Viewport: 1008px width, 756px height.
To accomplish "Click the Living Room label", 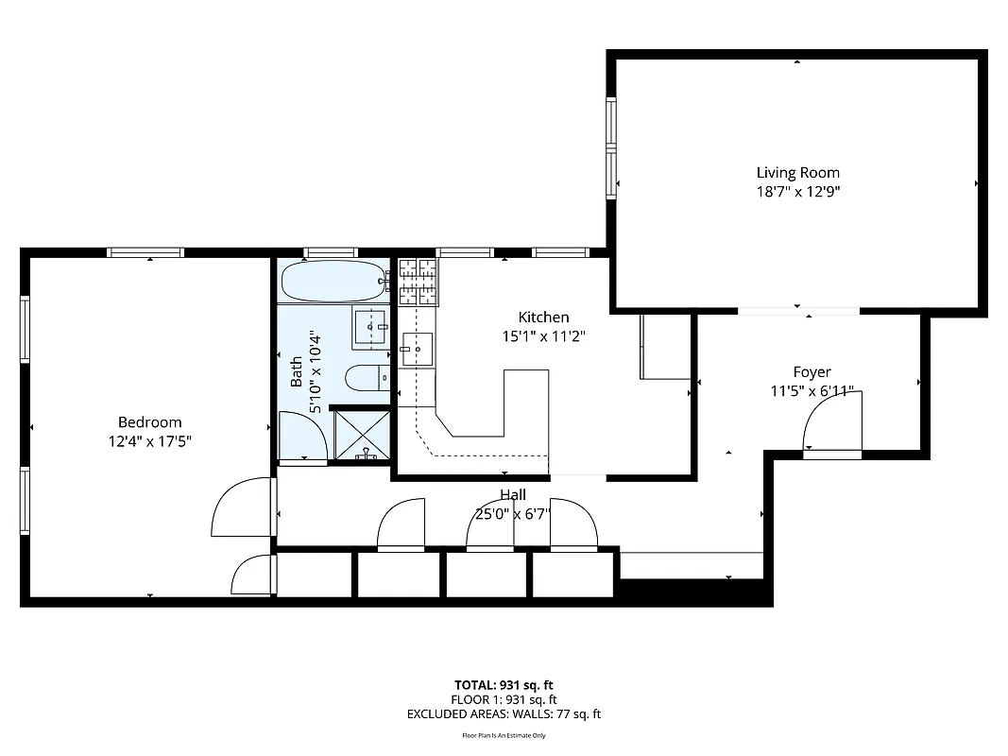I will point(797,172).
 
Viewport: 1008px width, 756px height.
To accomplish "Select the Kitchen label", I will point(543,318).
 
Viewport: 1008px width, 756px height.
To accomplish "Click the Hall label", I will point(513,494).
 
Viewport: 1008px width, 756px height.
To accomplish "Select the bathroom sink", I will point(370,327).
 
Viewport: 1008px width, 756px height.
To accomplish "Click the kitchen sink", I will point(416,349).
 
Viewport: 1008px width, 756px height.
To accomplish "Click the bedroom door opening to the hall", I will point(243,507).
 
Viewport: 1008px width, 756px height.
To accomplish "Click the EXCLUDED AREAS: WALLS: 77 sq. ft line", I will point(504,714).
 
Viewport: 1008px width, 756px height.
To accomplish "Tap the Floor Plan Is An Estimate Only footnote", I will point(504,735).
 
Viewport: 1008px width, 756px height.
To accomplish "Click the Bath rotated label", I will point(297,371).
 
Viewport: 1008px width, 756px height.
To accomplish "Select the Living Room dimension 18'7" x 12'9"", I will point(797,191).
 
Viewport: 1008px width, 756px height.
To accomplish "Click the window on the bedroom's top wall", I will point(145,252).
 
